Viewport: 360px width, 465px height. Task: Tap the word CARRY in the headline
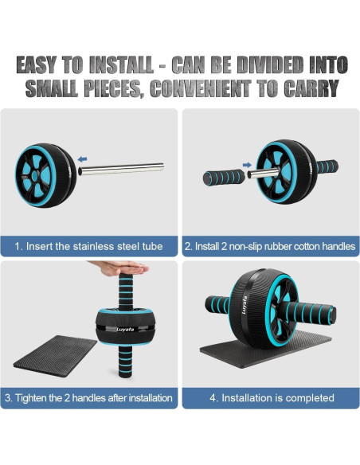tap(311, 88)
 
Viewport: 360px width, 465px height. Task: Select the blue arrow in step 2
tap(247, 166)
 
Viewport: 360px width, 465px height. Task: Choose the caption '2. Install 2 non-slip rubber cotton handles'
tap(270, 247)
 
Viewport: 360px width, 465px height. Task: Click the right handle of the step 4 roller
tap(311, 307)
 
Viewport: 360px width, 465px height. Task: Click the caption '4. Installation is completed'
tap(271, 398)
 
